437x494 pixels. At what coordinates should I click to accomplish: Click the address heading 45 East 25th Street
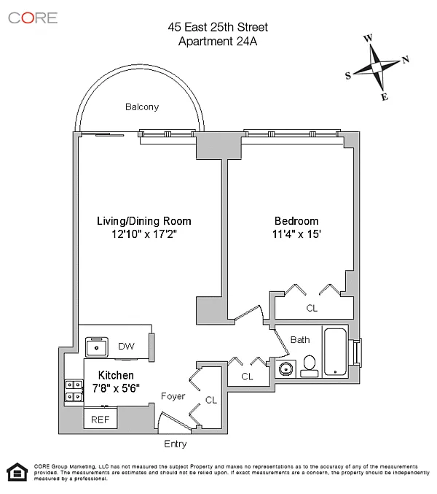[x=218, y=28]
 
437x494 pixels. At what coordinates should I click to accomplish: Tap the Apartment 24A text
[x=218, y=41]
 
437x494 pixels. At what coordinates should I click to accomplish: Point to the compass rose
[x=377, y=67]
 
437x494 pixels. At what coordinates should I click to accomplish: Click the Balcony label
[x=142, y=107]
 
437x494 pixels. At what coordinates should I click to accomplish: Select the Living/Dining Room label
[x=144, y=221]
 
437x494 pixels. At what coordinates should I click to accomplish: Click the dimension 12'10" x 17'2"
[x=144, y=235]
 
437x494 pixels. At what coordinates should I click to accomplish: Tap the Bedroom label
[x=296, y=221]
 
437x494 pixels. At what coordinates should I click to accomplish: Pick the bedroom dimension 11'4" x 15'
[x=296, y=235]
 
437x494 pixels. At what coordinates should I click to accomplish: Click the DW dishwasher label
[x=125, y=347]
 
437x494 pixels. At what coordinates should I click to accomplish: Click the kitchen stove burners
[x=74, y=390]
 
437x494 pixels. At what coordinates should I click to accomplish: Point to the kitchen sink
[x=96, y=345]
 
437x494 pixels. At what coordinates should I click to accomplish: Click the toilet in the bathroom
[x=309, y=365]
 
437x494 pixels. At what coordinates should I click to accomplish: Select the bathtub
[x=336, y=353]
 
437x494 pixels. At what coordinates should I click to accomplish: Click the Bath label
[x=300, y=340]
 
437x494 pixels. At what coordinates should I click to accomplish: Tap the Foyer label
[x=173, y=396]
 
